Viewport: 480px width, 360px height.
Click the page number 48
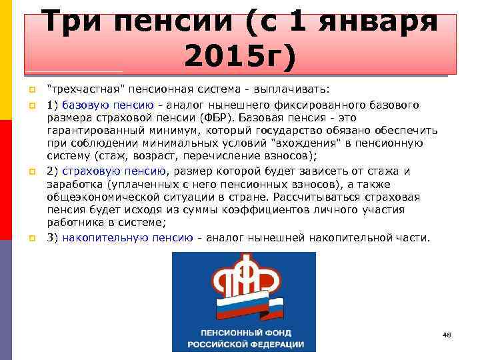(447, 334)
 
